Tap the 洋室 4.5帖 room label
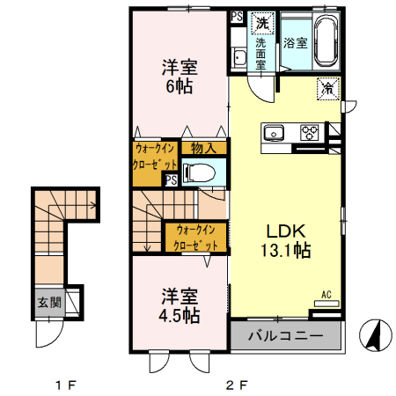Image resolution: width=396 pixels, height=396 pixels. click(179, 305)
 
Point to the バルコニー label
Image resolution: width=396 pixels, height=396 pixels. click(286, 335)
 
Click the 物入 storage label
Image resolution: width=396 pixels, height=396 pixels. click(204, 150)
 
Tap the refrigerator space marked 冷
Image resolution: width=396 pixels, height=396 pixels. click(326, 88)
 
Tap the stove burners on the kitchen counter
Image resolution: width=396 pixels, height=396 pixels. click(312, 133)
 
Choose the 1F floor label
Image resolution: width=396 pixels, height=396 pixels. click(65, 384)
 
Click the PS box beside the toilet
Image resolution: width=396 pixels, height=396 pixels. click(170, 180)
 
